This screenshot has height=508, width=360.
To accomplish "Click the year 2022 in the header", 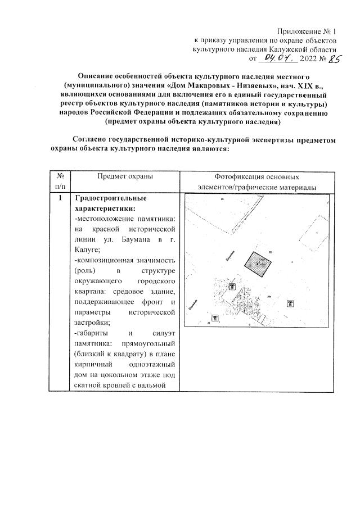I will [309, 58].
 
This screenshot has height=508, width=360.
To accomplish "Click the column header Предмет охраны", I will [125, 176].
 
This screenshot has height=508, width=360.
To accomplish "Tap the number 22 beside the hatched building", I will [271, 252].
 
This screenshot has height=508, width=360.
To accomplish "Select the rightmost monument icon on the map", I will [290, 304].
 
